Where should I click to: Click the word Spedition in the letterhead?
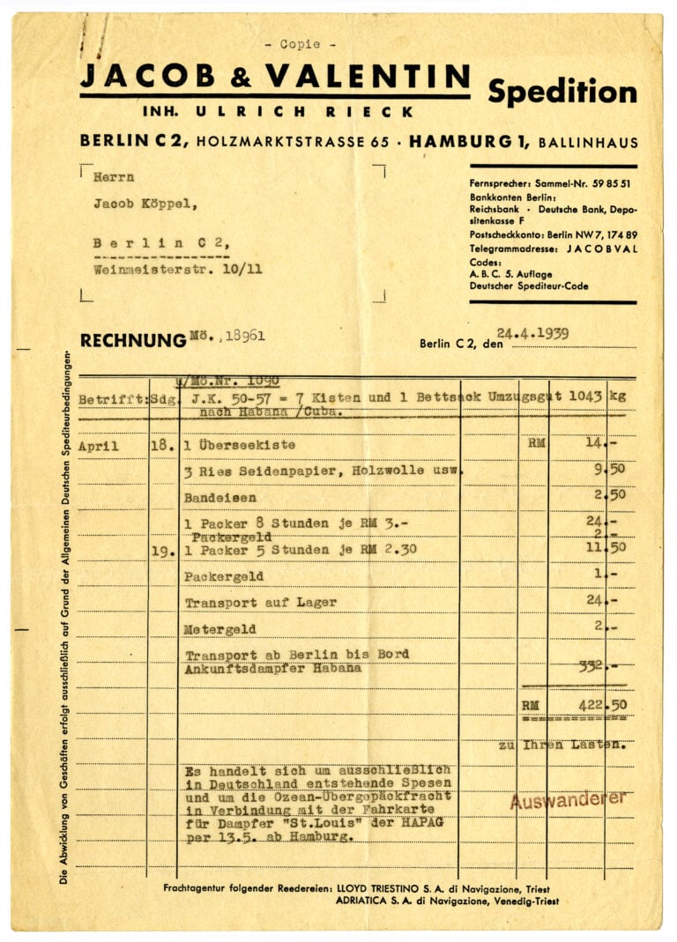click(562, 92)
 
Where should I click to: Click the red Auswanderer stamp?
click(569, 799)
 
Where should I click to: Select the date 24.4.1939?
click(532, 334)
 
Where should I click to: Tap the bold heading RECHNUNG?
click(132, 340)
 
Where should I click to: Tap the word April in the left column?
click(98, 446)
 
